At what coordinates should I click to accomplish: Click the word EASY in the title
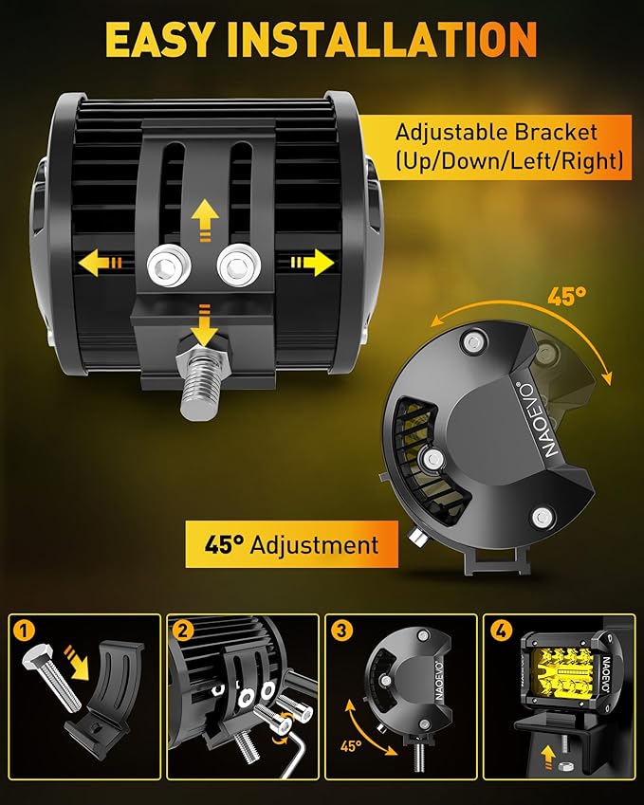coord(159,39)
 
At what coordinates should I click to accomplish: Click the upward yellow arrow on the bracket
coord(205,221)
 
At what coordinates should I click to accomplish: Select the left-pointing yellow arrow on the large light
coord(101,264)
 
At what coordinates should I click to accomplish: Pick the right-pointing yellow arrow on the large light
coord(312,263)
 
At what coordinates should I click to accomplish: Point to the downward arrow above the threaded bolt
coord(205,325)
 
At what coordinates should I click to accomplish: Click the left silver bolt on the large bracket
coord(169,265)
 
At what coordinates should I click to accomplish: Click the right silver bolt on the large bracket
coord(238,265)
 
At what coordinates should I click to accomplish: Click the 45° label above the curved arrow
coord(566,296)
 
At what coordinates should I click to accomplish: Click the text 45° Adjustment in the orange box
coord(291,544)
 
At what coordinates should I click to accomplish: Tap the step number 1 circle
coord(25,630)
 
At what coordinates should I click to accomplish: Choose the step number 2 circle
coord(183,630)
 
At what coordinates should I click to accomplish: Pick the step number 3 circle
coord(341,630)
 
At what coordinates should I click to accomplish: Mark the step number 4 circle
coord(500,630)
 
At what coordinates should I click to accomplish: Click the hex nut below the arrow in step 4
coord(564,767)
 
